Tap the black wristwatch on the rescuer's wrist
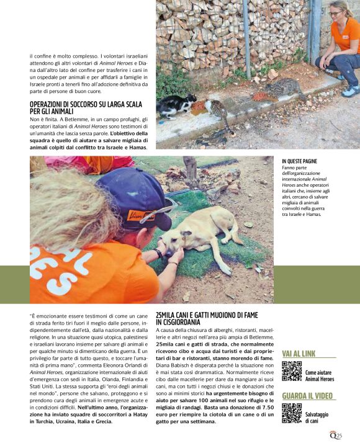click(x=160, y=253)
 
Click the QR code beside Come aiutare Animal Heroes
click(x=291, y=371)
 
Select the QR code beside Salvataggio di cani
click(x=291, y=413)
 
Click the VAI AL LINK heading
click(x=299, y=354)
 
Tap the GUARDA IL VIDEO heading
click(x=308, y=396)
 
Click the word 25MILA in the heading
click(x=168, y=315)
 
